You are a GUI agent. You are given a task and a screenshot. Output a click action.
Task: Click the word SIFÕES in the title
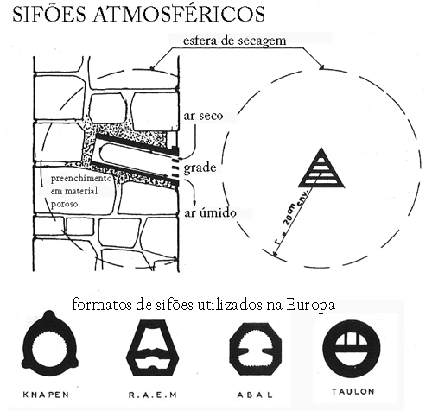[49, 14]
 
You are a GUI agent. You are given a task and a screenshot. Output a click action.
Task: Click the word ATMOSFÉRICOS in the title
[179, 14]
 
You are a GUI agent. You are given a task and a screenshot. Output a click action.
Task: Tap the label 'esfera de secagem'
[234, 41]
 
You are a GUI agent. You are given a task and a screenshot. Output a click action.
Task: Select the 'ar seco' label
[203, 116]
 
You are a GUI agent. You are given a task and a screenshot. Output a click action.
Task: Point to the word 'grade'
[200, 168]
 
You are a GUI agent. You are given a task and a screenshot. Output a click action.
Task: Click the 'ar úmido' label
[210, 212]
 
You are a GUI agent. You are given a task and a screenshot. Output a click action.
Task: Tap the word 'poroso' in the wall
[64, 204]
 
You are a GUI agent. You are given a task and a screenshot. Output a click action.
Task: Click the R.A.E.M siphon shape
[153, 348]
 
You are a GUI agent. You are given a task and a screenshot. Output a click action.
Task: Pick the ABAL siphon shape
[255, 349]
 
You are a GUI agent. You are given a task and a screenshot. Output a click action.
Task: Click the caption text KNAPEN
[46, 395]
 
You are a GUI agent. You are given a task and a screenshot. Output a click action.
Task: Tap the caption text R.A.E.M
[152, 395]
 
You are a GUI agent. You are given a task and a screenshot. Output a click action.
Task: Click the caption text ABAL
[255, 395]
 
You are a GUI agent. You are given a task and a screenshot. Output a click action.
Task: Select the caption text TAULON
[353, 391]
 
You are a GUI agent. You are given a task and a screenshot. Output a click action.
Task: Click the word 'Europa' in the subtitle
[310, 305]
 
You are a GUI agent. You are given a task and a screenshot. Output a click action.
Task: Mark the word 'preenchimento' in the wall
[81, 179]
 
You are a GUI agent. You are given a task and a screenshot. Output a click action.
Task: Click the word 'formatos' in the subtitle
[102, 305]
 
